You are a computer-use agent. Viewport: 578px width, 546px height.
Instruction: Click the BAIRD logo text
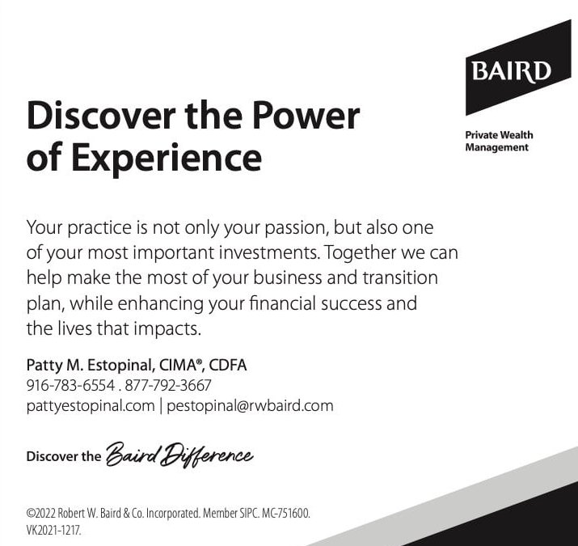coord(512,71)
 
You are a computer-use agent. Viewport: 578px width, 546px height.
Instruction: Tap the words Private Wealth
coord(499,135)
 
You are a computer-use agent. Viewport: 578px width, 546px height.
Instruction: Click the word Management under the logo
coord(496,147)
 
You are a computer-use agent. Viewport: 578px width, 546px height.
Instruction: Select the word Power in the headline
coord(306,116)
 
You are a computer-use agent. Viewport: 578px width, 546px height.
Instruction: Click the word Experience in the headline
coord(167,159)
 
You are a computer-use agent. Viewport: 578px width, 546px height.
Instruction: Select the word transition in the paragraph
coord(400,277)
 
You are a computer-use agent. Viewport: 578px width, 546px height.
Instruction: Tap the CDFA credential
coord(228,366)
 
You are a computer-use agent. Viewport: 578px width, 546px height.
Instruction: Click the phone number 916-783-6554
coord(71,386)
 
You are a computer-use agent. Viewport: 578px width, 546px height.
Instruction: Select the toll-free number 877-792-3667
coord(168,386)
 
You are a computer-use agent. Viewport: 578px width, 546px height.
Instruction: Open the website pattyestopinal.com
coord(91,406)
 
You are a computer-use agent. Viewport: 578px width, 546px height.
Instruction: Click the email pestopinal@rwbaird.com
coord(250,406)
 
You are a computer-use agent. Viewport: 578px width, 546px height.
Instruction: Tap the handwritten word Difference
coord(209,455)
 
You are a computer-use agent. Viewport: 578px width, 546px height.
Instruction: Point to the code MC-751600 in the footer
coord(285,514)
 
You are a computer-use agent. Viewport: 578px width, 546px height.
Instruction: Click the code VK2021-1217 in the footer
coord(53,531)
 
